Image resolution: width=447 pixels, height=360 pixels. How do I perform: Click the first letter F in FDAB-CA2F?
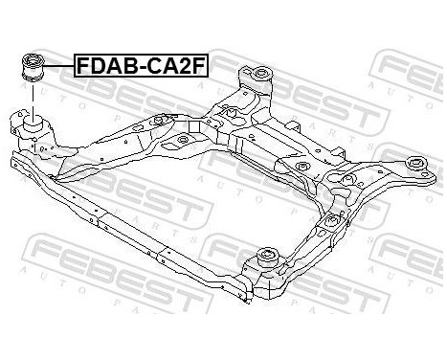(84, 66)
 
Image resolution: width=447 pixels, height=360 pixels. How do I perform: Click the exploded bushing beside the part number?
(34, 71)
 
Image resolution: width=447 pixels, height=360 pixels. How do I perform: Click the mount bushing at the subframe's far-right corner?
(417, 165)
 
